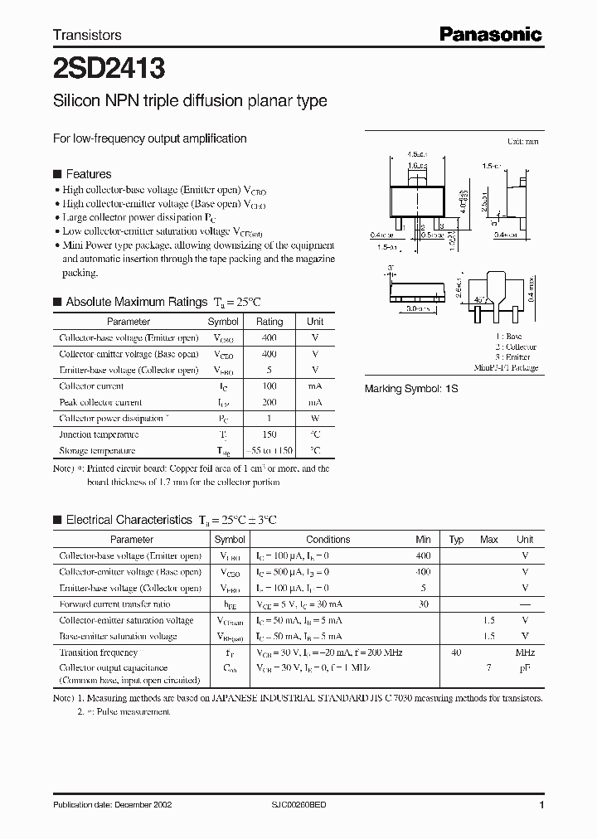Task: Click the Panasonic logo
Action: click(x=490, y=34)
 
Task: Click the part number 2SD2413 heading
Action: click(x=109, y=65)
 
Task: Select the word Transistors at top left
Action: click(x=87, y=35)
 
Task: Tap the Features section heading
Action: click(x=88, y=174)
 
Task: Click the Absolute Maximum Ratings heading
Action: click(x=136, y=302)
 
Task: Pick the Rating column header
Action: click(x=269, y=322)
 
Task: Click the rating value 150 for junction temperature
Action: click(x=269, y=434)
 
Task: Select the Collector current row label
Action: click(x=91, y=386)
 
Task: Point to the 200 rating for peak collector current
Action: click(x=269, y=402)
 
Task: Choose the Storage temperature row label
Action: click(x=97, y=451)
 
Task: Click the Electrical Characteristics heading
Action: click(x=129, y=520)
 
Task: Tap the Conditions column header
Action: click(x=328, y=540)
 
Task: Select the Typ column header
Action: click(x=456, y=540)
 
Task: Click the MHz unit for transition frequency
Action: click(x=525, y=652)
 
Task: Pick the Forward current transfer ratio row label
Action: click(x=114, y=604)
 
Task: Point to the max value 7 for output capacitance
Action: click(x=489, y=668)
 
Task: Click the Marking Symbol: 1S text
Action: click(x=412, y=389)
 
